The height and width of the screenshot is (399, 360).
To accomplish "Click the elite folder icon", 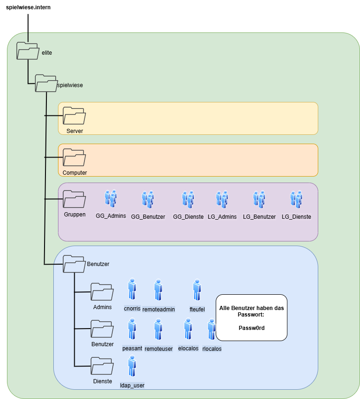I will point(28,51).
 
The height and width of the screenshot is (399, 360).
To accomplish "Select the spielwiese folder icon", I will point(47,83).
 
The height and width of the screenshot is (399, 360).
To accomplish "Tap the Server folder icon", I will point(74,115).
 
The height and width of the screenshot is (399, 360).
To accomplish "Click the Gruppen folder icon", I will point(74,199).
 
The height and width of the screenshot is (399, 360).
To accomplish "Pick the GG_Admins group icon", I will point(110,198).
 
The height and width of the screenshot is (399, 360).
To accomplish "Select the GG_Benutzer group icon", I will point(148,199).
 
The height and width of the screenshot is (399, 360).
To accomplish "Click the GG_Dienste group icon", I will point(188,199).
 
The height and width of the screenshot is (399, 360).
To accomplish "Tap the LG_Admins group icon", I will point(222,199).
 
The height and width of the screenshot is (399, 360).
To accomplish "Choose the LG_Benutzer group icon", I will point(259,199).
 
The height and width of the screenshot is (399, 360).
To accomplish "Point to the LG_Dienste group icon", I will point(296,199).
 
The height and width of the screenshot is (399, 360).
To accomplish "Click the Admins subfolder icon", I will point(102,292).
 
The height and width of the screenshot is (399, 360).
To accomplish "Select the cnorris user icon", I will point(132,289).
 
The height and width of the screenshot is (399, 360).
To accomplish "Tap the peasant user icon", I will point(132,329).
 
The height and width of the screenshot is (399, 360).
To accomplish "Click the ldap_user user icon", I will point(132,367).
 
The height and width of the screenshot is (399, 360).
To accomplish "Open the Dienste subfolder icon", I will point(102,366).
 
